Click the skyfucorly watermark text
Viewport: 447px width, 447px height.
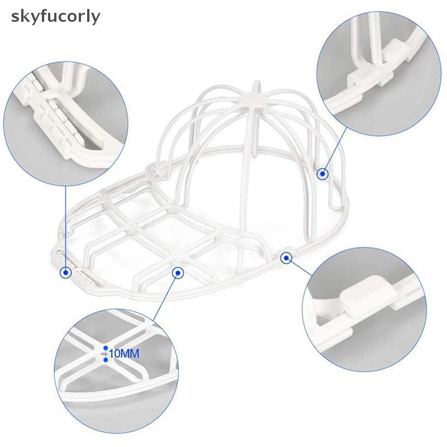(55, 17)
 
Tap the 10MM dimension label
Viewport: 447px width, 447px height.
(124, 354)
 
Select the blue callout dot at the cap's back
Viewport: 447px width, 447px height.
(322, 173)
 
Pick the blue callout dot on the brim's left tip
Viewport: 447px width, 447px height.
(66, 273)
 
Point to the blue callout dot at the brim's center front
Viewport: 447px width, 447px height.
(178, 273)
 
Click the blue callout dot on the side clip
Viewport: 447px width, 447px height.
(286, 258)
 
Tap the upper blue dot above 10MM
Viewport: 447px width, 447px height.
(106, 348)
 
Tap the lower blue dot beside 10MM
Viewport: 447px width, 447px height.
(106, 360)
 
